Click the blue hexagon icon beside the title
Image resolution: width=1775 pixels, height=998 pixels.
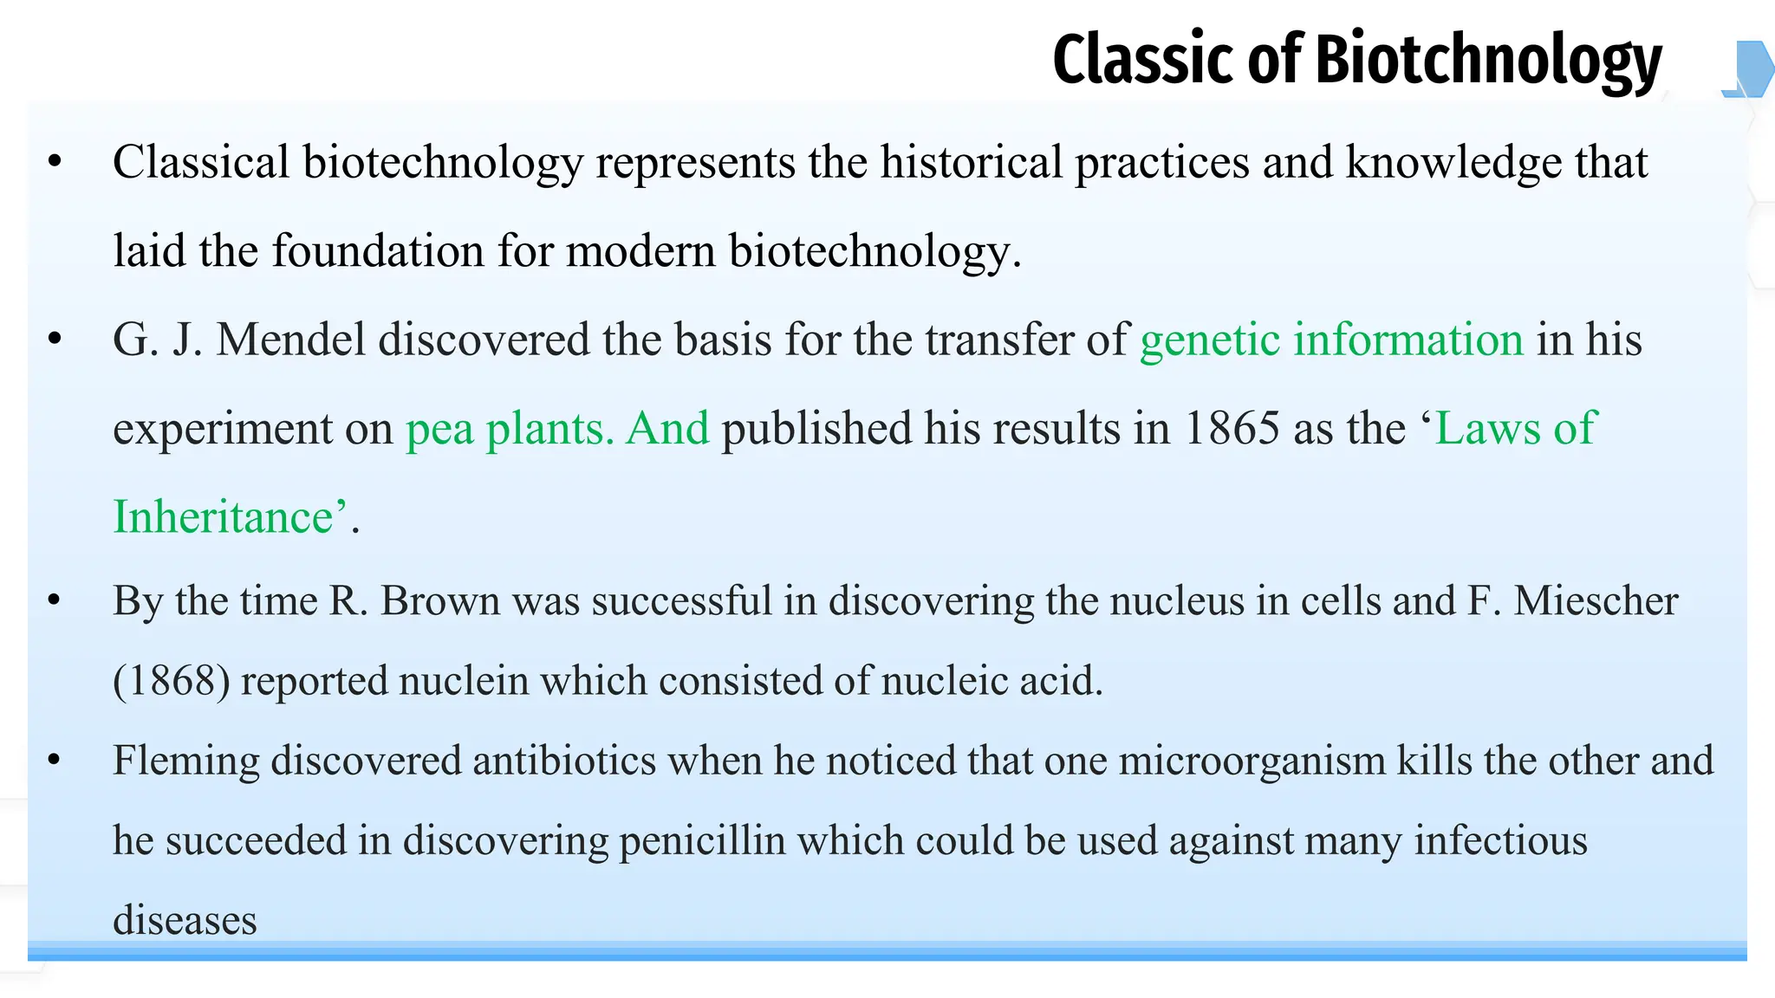(x=1750, y=68)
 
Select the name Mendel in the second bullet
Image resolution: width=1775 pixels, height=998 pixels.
(x=290, y=339)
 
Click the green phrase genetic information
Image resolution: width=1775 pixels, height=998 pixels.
(x=1331, y=340)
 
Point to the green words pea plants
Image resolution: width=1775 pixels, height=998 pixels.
(x=510, y=428)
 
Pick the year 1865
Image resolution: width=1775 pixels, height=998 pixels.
(x=1232, y=428)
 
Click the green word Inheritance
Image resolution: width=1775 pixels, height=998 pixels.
(x=224, y=517)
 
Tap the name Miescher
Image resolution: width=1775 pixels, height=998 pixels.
(x=1596, y=600)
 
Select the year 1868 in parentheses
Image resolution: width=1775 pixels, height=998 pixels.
(x=172, y=681)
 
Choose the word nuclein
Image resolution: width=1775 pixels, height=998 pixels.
(x=464, y=681)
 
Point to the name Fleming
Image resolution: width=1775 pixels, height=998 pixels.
(x=185, y=761)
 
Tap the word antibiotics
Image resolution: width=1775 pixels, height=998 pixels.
(x=564, y=761)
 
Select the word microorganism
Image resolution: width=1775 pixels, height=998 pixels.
(x=1252, y=761)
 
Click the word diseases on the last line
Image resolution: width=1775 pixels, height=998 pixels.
(x=185, y=920)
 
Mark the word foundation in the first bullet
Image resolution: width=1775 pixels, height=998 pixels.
(x=378, y=251)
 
